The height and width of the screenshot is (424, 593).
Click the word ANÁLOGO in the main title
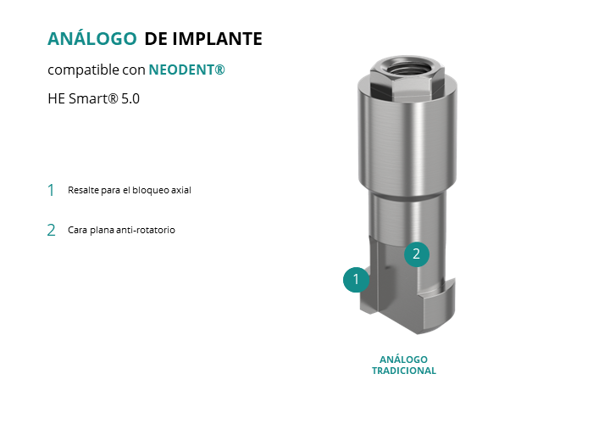click(91, 38)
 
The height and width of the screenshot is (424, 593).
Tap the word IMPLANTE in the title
click(218, 39)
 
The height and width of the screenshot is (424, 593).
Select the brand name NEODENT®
click(187, 70)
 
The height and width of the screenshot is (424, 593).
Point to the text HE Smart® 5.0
click(94, 99)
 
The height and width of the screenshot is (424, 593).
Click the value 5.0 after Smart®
click(130, 99)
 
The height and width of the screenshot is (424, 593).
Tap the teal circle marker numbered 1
click(356, 279)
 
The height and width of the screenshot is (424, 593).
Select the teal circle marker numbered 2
click(417, 254)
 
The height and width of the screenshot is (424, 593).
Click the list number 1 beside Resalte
click(51, 190)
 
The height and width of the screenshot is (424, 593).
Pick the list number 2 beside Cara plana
click(51, 230)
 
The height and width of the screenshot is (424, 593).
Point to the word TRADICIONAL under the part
click(404, 371)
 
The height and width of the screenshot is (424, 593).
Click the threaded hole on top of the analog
click(407, 68)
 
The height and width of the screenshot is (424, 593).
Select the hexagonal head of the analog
click(407, 78)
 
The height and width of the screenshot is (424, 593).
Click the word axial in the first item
click(181, 190)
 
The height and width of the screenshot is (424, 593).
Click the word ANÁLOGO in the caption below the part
click(403, 360)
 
